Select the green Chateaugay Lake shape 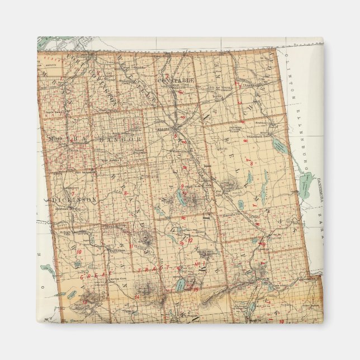(306, 185)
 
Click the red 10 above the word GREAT (79, 252)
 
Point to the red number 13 (84, 302)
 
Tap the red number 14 (136, 297)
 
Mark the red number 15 (195, 290)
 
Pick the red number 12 (190, 241)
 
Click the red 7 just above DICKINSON (88, 192)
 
